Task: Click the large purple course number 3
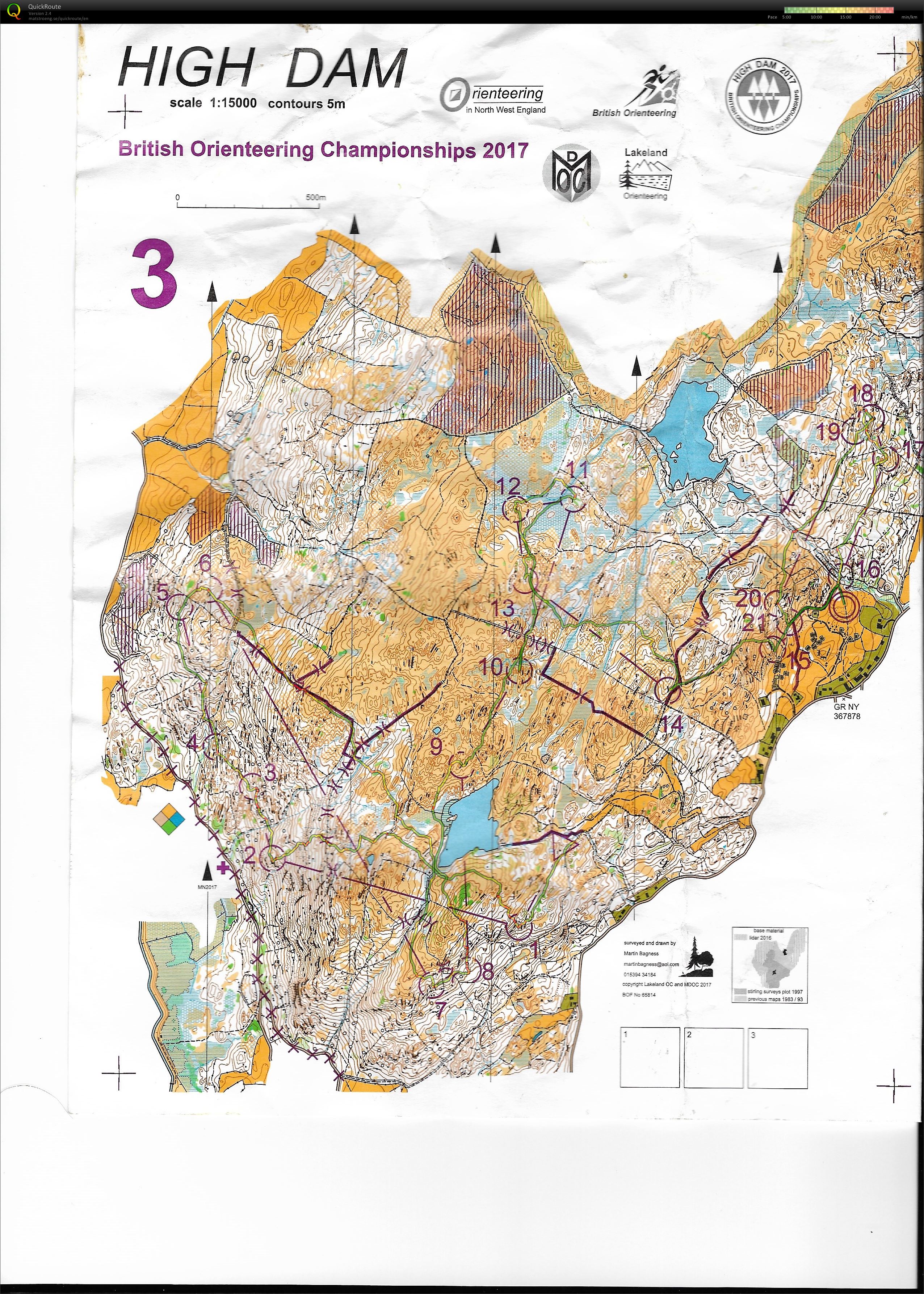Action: (154, 275)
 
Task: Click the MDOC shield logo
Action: (571, 175)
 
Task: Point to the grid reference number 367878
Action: (847, 716)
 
